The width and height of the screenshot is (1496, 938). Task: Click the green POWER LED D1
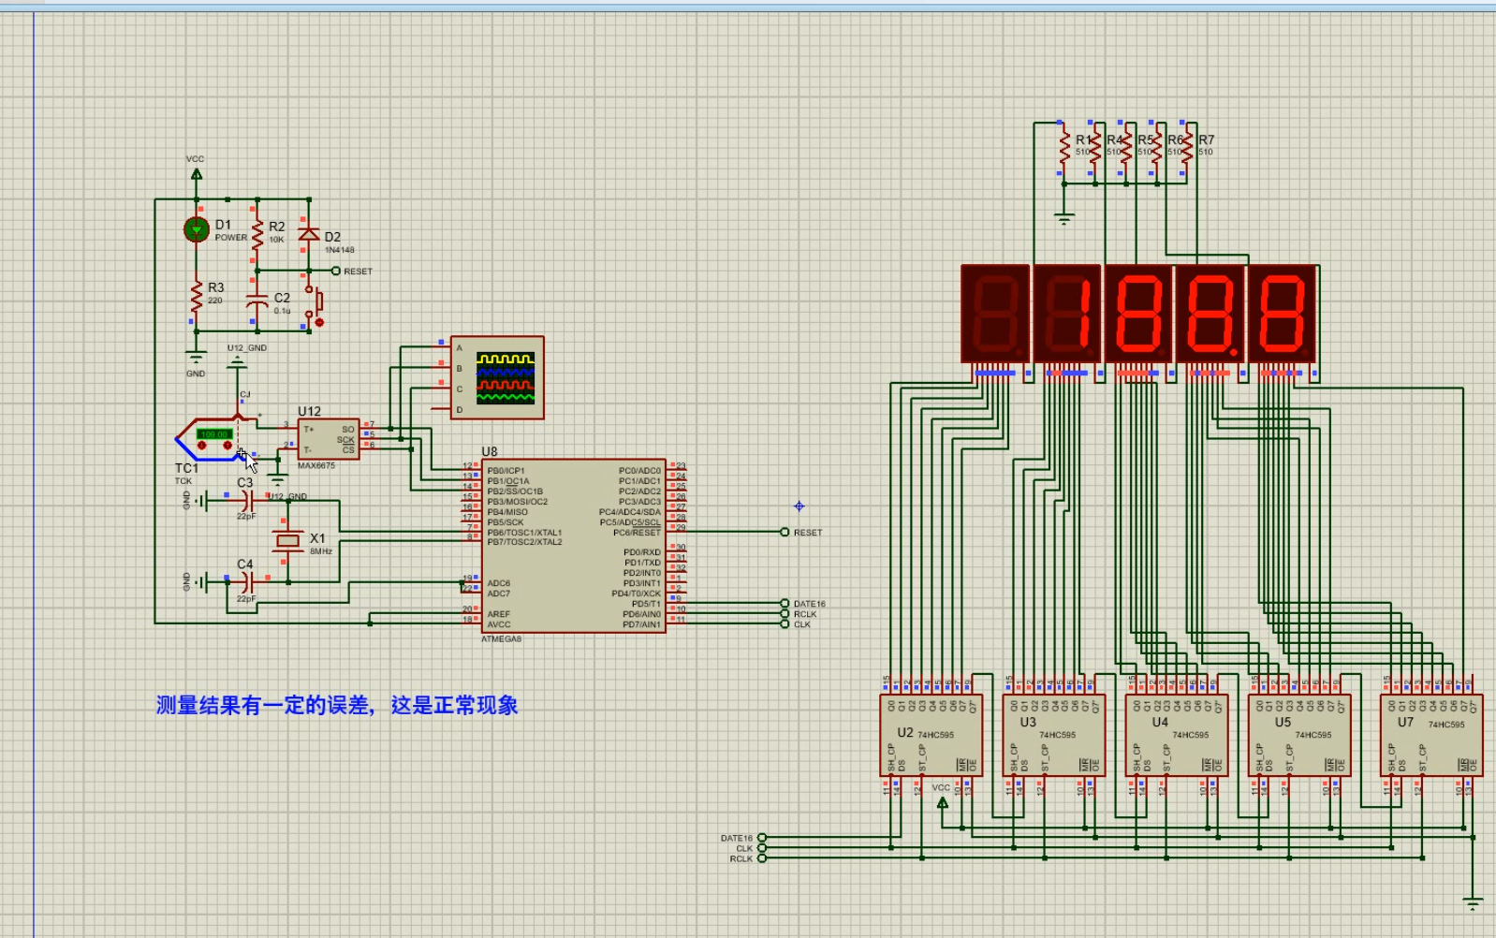coord(197,229)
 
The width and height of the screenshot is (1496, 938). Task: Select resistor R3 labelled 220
coord(197,298)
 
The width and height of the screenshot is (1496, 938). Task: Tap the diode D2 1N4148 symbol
coord(309,234)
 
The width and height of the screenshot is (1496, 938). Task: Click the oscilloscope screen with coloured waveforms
coord(506,378)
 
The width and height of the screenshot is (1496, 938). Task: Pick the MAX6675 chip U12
coord(329,439)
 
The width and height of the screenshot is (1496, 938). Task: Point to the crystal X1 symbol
coord(288,541)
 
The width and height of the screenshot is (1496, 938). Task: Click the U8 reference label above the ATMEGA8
coord(490,452)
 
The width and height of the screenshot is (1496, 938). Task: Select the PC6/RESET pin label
coord(637,533)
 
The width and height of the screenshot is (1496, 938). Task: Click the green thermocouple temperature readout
coord(214,434)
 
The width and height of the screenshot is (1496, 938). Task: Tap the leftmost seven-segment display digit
coord(995,314)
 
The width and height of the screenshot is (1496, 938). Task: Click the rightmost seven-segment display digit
coord(1282,314)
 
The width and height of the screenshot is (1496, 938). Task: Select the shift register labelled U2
coord(930,736)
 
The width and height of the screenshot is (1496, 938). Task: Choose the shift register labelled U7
coord(1431,736)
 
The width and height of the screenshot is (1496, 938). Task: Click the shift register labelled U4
coord(1176,736)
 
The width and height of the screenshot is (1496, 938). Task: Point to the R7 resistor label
coord(1206,139)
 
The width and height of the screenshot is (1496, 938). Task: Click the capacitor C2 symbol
coord(257,302)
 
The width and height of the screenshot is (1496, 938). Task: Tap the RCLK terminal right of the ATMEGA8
coord(785,614)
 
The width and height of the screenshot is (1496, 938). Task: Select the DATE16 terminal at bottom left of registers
coord(761,838)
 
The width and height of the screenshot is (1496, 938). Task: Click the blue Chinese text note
coord(337,706)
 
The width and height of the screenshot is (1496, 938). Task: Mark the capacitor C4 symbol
coord(246,581)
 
